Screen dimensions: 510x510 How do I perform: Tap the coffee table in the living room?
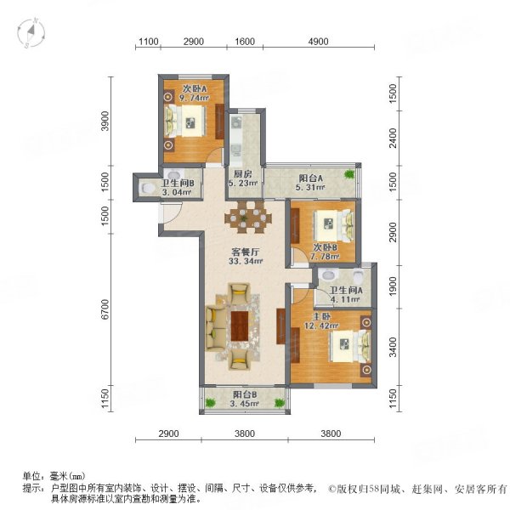(239, 328)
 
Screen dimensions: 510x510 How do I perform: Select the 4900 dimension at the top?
(318, 42)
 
